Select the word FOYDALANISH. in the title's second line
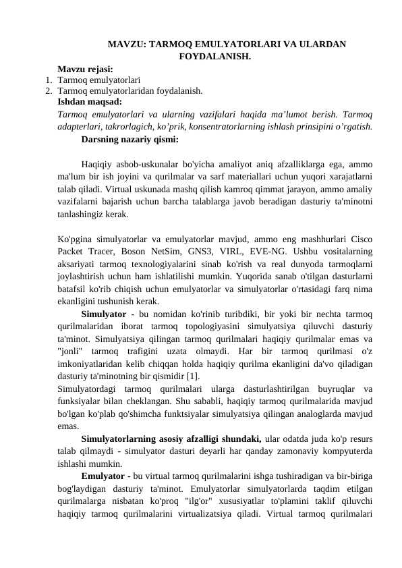coord(215,56)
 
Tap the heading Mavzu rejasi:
coord(85,69)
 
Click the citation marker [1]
coord(191,376)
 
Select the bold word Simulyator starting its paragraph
coord(103,314)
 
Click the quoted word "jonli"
coord(70,351)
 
